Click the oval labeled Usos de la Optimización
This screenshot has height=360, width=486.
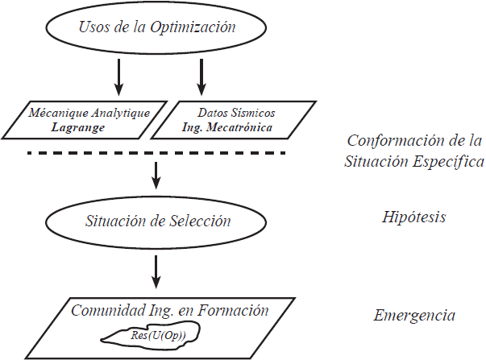(x=157, y=27)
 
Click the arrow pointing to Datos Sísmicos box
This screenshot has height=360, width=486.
(x=201, y=77)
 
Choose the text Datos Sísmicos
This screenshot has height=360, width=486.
(x=235, y=113)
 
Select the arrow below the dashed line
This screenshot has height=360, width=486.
(x=156, y=172)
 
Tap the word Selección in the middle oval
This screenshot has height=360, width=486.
(x=201, y=220)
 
